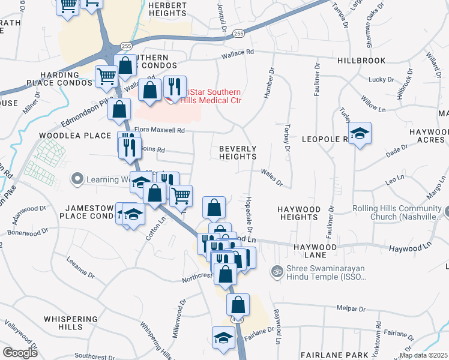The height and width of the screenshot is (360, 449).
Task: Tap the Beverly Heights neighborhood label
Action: [238, 152]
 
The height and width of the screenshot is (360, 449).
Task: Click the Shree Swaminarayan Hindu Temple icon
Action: [277, 271]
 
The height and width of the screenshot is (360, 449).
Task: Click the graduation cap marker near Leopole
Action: [360, 133]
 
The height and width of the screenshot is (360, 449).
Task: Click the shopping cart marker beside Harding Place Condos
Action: [106, 76]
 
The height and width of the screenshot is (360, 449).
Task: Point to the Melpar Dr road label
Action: [351, 308]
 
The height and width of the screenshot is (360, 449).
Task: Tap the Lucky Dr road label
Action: [381, 79]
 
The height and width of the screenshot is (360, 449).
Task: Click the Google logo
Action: [20, 352]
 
